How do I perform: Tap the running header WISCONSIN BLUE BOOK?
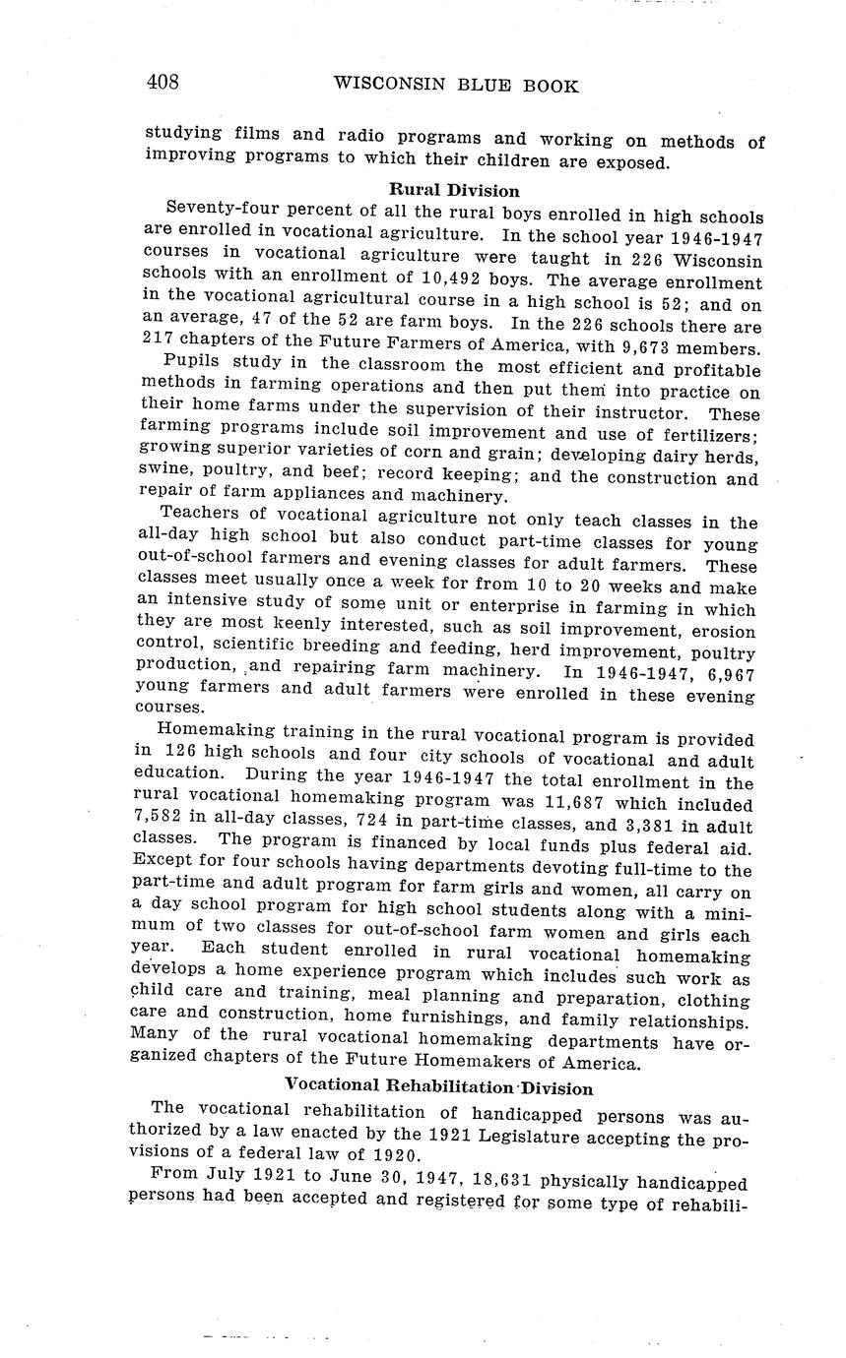point(456,85)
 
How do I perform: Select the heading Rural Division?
point(454,190)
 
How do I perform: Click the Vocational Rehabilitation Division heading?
point(438,1087)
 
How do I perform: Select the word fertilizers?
point(703,435)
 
